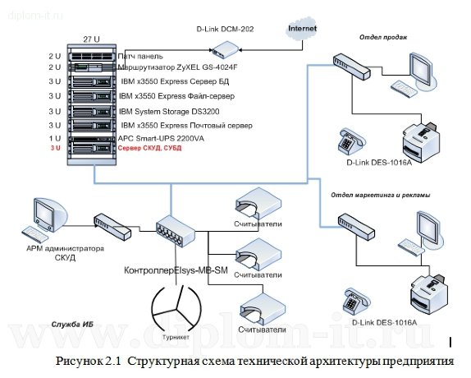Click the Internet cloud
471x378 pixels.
point(302,30)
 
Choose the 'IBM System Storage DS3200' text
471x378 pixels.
point(169,111)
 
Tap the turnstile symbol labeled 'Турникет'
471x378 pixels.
point(176,311)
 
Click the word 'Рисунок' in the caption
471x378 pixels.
point(80,362)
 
